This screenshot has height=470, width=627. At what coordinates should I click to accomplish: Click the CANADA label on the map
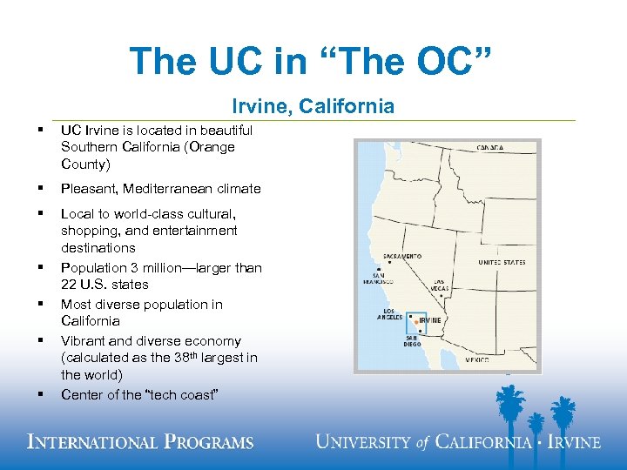[489, 148]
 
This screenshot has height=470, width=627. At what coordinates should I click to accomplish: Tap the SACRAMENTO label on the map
[402, 257]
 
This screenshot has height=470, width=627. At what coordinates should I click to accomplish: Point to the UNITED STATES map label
[502, 262]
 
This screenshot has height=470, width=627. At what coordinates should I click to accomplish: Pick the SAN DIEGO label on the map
[410, 341]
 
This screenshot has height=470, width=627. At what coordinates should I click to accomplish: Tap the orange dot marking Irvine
[416, 321]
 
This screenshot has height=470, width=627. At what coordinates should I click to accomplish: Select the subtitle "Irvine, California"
[313, 106]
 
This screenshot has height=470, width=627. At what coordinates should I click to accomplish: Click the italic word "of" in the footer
[423, 442]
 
